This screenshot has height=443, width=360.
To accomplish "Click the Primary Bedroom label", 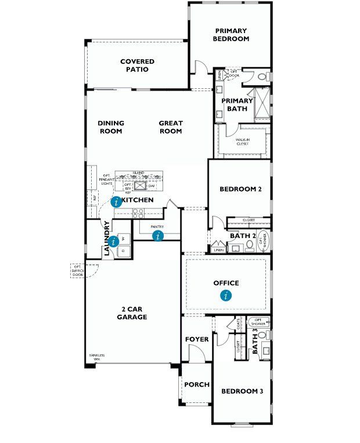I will pyautogui.click(x=232, y=35).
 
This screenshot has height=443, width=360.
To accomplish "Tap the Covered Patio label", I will pyautogui.click(x=137, y=66).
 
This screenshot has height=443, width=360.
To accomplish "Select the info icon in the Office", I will pyautogui.click(x=226, y=296).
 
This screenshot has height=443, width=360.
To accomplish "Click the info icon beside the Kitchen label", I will pyautogui.click(x=117, y=201).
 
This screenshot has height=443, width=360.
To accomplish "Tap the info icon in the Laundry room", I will pyautogui.click(x=114, y=240).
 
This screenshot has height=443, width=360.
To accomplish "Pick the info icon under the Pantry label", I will pyautogui.click(x=157, y=236).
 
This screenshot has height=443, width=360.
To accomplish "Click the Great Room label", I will pyautogui.click(x=171, y=127).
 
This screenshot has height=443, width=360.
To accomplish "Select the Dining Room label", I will pyautogui.click(x=110, y=127).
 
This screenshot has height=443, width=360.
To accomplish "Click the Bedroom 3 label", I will pyautogui.click(x=242, y=391).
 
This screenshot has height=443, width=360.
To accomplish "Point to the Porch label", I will pyautogui.click(x=196, y=385).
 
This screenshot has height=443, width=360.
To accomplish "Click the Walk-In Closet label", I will pyautogui.click(x=242, y=142).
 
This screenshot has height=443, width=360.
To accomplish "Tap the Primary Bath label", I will pyautogui.click(x=236, y=105).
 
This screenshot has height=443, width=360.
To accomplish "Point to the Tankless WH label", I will pyautogui.click(x=95, y=356).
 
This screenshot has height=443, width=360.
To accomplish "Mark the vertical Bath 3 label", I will pyautogui.click(x=254, y=343).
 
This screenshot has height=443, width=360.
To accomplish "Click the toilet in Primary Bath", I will pyautogui.click(x=262, y=76).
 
